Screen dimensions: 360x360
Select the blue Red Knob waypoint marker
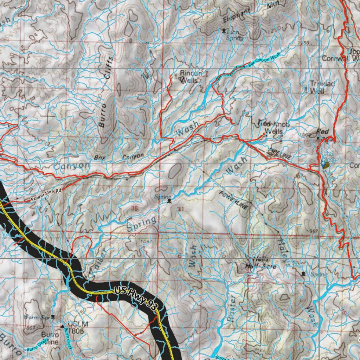323,164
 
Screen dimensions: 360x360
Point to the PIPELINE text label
279,154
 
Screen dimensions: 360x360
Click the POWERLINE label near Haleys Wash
234,201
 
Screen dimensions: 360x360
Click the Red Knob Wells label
274,128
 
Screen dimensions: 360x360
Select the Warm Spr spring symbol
53,316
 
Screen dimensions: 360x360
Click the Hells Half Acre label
262,263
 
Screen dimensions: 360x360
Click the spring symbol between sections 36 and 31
169,201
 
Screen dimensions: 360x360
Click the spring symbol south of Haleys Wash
303,274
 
